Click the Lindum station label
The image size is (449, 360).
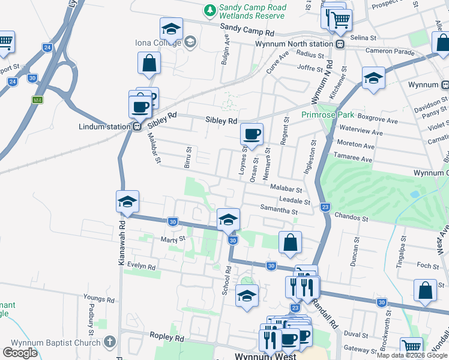tap(104, 127)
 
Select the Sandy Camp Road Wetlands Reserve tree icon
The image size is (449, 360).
tap(209, 10)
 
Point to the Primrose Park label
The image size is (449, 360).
tap(328, 114)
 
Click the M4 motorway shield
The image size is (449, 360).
tap(38, 100)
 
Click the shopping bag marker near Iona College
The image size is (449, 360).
tap(149, 63)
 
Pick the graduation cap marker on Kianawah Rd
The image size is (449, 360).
tap(127, 202)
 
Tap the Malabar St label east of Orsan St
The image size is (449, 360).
tap(286, 188)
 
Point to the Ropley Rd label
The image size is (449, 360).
tap(166, 338)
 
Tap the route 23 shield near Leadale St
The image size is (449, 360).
tap(325, 207)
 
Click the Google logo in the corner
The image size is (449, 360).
tap(20, 353)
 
